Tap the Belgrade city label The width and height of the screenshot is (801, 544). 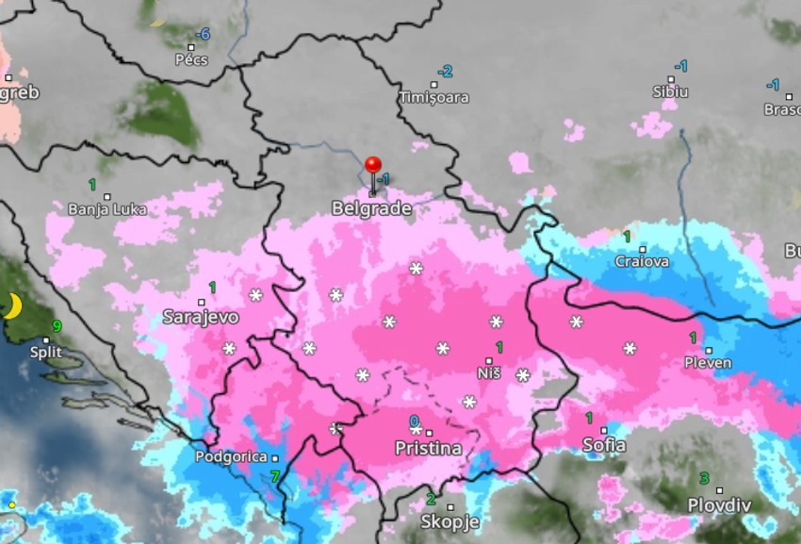[x=372, y=208]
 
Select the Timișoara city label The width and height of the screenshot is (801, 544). [x=433, y=97]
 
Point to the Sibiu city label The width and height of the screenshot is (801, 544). [x=670, y=91]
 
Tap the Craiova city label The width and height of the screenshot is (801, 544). [x=642, y=261]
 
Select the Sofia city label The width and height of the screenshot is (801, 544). [x=605, y=445]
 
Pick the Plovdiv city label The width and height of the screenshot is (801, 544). [x=719, y=504]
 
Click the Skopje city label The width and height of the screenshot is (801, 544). [x=450, y=521]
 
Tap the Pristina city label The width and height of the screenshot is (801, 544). [x=429, y=448]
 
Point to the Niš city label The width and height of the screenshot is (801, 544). [x=488, y=374]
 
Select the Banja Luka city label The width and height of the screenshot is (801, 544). [x=107, y=208]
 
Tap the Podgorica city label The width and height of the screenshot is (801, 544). [x=228, y=456]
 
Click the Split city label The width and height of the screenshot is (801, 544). [x=47, y=352]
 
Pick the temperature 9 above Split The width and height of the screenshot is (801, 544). [x=57, y=327]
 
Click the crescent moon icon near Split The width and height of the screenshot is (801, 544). [x=14, y=305]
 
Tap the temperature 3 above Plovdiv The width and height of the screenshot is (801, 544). [x=704, y=478]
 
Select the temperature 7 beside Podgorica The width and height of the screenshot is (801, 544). [x=275, y=476]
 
